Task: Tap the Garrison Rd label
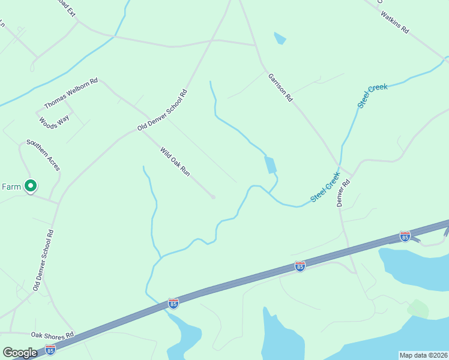coord(280,87)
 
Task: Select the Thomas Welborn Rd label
coord(71,94)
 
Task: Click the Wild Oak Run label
coord(175,161)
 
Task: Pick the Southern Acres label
coord(43,155)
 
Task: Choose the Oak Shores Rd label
coord(52,335)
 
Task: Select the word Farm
coord(11,187)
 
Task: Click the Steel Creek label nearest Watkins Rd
coord(373,96)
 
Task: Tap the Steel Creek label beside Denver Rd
coord(325,187)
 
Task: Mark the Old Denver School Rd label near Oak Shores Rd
coord(44,261)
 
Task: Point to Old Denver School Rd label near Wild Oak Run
coord(163,110)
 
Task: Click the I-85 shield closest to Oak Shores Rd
coord(50,349)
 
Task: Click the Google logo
coord(20,353)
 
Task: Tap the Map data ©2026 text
coord(423,355)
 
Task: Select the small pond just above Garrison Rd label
coord(280,39)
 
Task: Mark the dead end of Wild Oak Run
coord(213,197)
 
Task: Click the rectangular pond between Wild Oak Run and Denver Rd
coord(270,164)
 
